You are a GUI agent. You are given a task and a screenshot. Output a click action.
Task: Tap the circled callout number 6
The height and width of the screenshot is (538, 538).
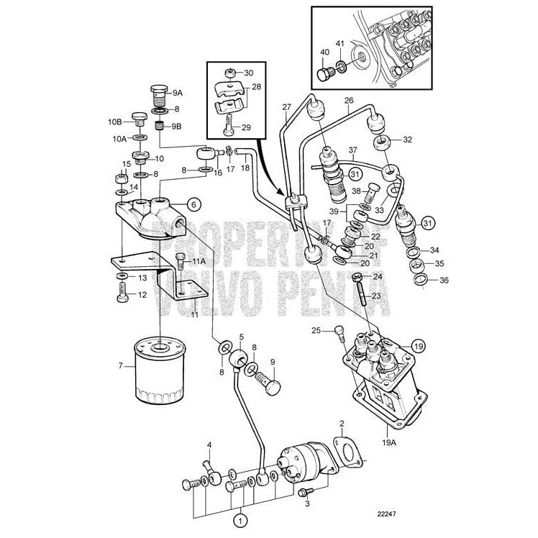[x=193, y=204]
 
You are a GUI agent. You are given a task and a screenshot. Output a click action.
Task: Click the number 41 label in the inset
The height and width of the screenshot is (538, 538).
[x=339, y=44]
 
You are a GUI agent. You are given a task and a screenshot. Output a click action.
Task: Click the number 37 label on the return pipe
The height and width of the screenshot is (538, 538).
[x=353, y=151]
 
